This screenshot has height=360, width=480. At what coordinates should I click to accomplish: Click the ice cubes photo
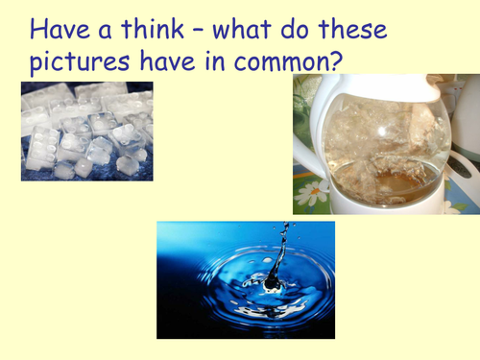click(86, 132)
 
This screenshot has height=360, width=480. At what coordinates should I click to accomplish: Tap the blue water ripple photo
click(245, 279)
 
